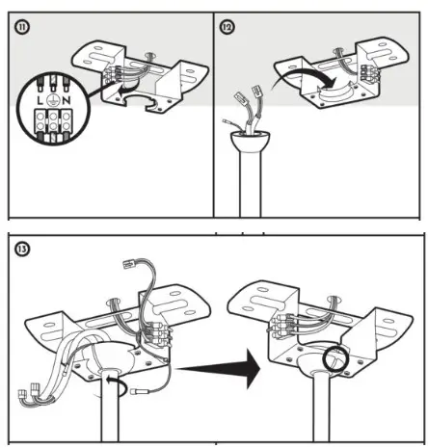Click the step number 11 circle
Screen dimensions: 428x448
coord(22,27)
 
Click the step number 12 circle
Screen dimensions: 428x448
coord(227,27)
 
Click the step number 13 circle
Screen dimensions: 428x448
coord(22,250)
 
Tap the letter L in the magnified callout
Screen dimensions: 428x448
coord(40,100)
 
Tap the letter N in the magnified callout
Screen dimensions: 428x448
coord(67,100)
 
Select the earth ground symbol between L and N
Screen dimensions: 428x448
coord(53,100)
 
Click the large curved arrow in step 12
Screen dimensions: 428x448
coord(306,75)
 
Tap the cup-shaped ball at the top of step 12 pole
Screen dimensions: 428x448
coord(251,142)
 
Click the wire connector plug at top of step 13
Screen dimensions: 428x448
coord(130,265)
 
